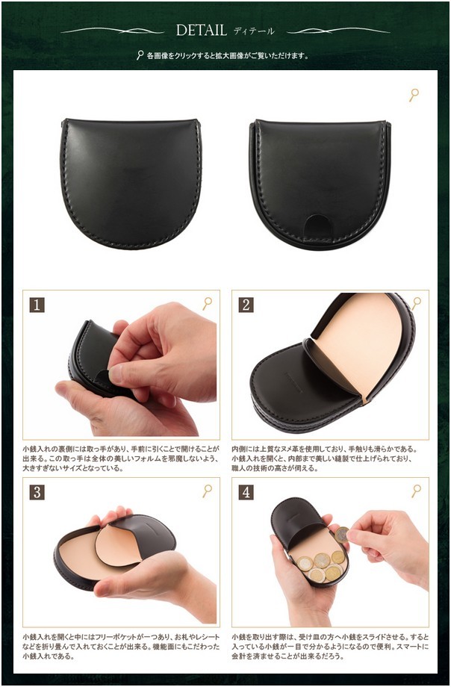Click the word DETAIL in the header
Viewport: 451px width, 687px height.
201,30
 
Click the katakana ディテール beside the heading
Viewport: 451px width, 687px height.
254,31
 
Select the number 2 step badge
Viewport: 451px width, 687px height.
246,305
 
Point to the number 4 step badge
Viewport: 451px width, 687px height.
246,492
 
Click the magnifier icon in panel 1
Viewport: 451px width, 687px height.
207,303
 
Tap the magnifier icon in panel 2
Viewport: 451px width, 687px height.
416,303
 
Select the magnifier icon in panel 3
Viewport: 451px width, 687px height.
207,491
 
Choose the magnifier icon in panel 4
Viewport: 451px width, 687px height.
416,491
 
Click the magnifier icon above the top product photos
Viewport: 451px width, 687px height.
414,95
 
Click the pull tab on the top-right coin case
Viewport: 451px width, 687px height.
320,223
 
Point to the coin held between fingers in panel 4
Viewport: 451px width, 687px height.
341,534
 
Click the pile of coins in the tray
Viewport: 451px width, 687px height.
320,565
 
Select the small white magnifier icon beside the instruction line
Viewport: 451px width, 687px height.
140,55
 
